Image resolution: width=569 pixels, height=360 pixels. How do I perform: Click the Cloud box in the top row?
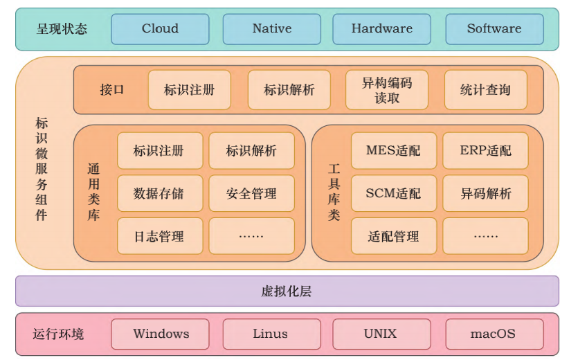point(160,29)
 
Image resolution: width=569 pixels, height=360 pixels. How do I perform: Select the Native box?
point(271,29)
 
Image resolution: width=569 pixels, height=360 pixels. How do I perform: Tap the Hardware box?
point(381,29)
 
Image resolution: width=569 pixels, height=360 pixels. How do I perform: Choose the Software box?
point(494,29)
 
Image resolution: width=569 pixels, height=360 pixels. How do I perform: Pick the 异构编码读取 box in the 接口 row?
point(387,90)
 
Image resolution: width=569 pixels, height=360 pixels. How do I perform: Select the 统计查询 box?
point(485,90)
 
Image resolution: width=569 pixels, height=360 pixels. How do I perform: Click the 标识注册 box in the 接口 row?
point(189,90)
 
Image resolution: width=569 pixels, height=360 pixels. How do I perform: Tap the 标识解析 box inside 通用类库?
point(251,151)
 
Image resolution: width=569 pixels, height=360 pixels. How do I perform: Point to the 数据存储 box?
point(159,194)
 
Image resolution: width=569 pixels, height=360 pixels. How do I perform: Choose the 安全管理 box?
point(251,194)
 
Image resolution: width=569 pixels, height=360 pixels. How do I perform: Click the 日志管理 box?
point(159,236)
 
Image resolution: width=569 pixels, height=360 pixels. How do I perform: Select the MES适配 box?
point(393,151)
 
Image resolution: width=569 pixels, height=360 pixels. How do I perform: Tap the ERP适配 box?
point(485,151)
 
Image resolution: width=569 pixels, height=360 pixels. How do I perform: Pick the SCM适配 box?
point(393,194)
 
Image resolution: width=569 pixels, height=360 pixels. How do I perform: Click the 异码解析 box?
point(485,194)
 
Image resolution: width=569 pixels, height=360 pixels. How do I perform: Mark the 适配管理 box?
point(393,236)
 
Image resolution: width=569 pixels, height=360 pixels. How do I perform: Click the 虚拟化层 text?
point(287,291)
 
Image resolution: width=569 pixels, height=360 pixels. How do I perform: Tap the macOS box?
point(494,334)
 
